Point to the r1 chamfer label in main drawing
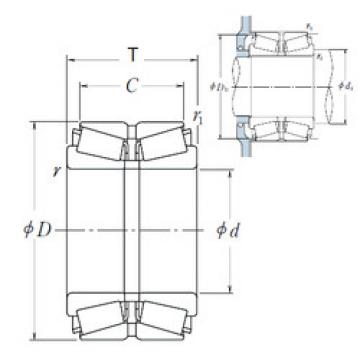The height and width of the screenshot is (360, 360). [x=198, y=118]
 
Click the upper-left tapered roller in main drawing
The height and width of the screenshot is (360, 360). [x=100, y=145]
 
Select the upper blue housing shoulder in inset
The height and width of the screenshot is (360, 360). [x=241, y=41]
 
